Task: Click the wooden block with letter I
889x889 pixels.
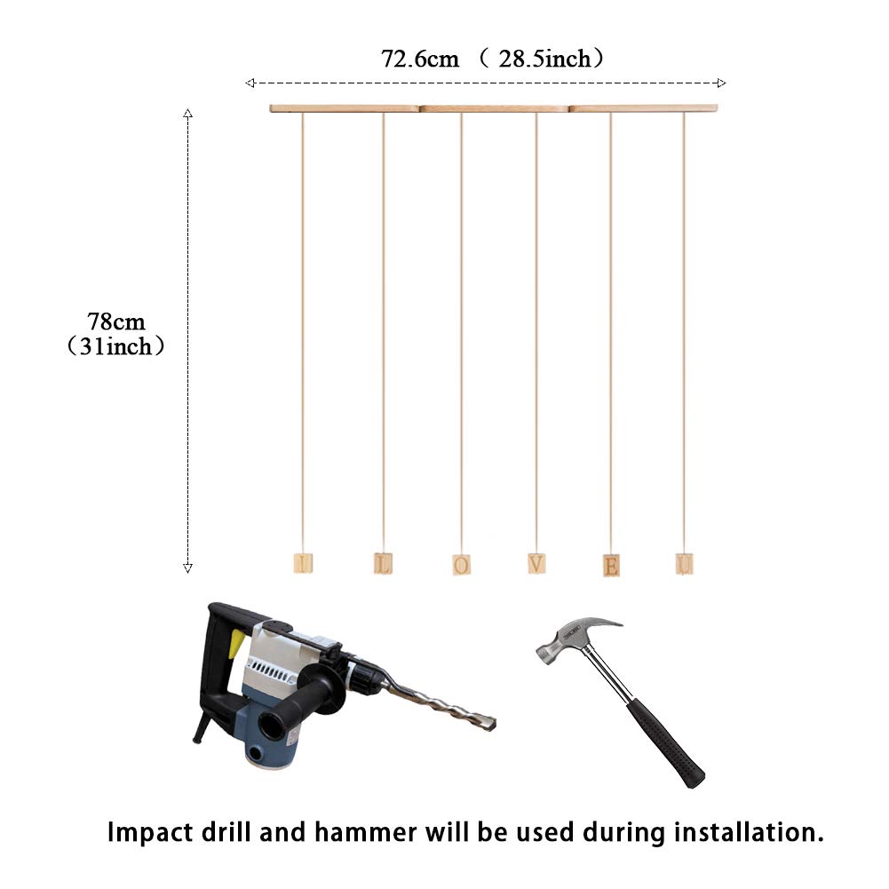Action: point(303,563)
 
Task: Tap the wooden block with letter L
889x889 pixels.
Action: point(383,563)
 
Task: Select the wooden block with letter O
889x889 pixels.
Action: point(461,564)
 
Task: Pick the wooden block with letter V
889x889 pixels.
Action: point(536,563)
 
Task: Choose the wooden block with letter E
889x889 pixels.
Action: point(611,565)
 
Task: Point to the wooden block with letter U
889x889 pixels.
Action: point(684,563)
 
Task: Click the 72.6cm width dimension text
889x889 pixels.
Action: point(420,60)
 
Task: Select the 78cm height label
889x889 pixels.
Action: point(115,321)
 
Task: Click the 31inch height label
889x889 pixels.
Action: point(116,346)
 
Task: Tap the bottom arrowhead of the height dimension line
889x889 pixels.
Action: point(187,568)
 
